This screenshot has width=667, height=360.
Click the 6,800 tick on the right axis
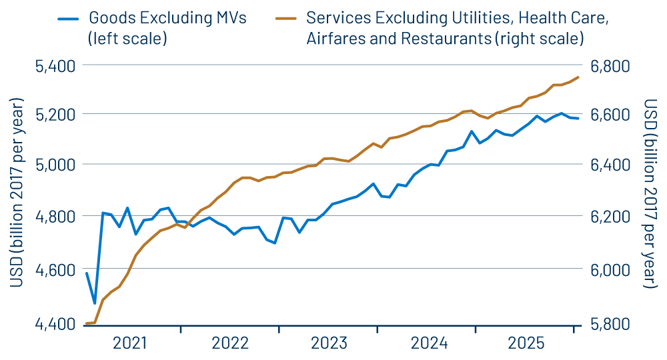[610, 65]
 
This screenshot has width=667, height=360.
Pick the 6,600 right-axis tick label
[610, 114]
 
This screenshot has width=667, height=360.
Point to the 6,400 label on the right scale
[610, 164]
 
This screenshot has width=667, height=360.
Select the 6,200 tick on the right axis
[610, 216]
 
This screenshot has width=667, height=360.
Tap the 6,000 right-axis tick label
[610, 270]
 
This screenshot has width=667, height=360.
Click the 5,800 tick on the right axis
[610, 324]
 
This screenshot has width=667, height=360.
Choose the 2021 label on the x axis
[130, 343]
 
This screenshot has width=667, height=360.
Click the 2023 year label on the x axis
[329, 343]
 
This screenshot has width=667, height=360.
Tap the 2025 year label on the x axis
[527, 343]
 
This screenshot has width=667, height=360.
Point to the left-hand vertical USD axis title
[17, 193]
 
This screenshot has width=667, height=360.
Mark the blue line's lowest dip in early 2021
[95, 303]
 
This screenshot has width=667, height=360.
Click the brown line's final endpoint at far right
[578, 77]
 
